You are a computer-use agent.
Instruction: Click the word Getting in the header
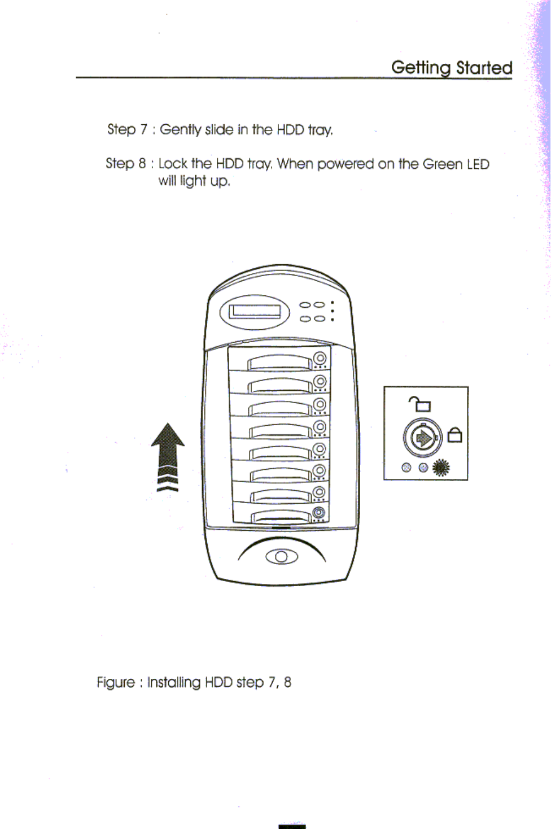(x=421, y=68)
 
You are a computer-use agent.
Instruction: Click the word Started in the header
(x=484, y=68)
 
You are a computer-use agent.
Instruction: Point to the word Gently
(x=181, y=130)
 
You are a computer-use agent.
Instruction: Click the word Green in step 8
(x=443, y=164)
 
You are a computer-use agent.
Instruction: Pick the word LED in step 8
(x=478, y=164)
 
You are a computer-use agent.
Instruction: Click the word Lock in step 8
(x=173, y=164)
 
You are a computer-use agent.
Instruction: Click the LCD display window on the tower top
(x=254, y=311)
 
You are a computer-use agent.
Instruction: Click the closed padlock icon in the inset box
(x=455, y=435)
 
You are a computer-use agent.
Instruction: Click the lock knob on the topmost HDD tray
(x=320, y=358)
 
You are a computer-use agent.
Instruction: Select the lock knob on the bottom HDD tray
(x=319, y=513)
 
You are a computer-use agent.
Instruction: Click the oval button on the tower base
(x=282, y=557)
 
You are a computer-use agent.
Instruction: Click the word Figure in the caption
(x=116, y=682)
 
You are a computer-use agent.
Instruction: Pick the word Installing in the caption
(x=174, y=682)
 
